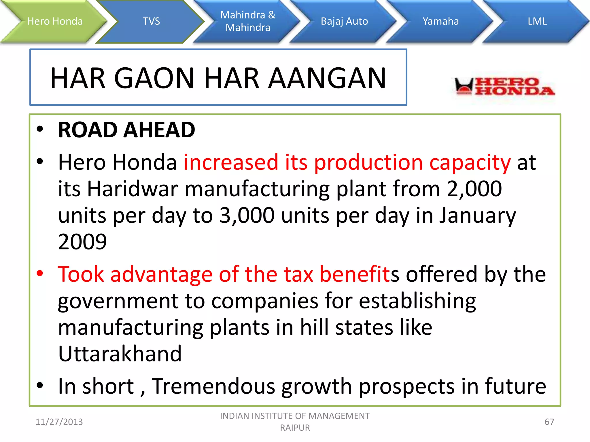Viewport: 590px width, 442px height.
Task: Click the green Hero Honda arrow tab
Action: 55,22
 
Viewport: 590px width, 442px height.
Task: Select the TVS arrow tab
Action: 151,22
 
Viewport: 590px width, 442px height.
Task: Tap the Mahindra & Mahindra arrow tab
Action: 248,22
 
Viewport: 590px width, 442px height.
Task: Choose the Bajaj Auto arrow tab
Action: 344,22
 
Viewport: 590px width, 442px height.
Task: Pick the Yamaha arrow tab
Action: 440,22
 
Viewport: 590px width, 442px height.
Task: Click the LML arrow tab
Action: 537,22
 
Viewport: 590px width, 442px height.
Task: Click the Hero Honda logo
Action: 504,86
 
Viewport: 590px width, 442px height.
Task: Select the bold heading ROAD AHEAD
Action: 126,130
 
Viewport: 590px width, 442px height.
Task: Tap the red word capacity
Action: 470,163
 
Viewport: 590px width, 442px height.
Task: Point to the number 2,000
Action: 474,189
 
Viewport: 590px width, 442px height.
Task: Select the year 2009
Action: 82,242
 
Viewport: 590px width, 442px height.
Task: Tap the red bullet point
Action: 40,273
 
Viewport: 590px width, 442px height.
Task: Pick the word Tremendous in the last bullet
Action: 213,386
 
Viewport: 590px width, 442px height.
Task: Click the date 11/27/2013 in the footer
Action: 59,422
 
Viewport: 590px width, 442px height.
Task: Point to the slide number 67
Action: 549,422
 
